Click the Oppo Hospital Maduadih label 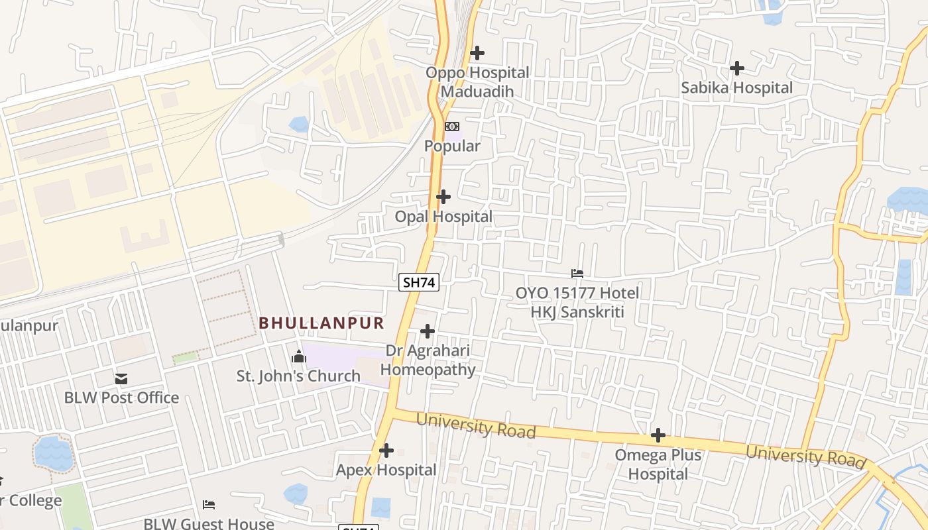pos(477,82)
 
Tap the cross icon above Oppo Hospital pos(477,53)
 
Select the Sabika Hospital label pos(736,87)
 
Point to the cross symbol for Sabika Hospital pos(736,68)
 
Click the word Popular pos(452,146)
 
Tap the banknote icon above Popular pos(452,126)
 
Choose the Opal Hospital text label pos(443,217)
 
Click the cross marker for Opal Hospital pos(443,197)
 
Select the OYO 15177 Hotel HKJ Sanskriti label pos(577,302)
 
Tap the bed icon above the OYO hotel pos(577,273)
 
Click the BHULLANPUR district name pos(321,323)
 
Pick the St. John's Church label pos(299,376)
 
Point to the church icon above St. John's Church pos(299,358)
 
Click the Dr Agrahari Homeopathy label pos(428,360)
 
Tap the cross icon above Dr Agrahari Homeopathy pos(428,331)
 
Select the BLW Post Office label pos(121,397)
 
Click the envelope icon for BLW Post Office pos(121,379)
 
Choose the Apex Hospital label pos(386,470)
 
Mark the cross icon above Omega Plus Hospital pos(658,435)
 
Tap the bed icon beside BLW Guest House pos(209,505)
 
